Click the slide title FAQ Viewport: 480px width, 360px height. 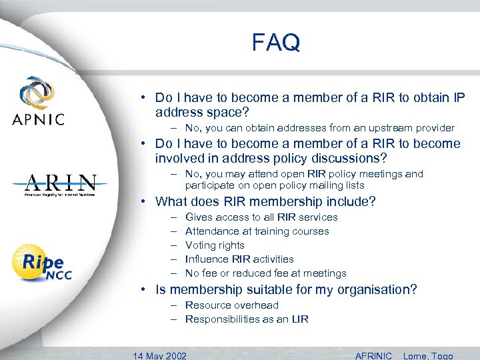(276, 43)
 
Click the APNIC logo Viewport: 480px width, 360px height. (39, 101)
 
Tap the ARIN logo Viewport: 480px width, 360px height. (61, 184)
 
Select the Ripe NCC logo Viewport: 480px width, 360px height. (42, 263)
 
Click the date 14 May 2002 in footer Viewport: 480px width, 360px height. (160, 355)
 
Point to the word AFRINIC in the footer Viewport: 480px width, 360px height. (373, 355)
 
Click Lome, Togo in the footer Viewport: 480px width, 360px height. (429, 355)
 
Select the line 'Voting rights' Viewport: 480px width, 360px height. (215, 245)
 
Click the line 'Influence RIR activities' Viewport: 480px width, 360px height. (239, 259)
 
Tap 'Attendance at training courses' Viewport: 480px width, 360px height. (257, 231)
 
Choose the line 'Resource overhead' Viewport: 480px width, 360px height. (231, 305)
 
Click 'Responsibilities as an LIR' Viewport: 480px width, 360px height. (247, 319)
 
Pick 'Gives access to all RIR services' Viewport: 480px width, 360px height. (261, 217)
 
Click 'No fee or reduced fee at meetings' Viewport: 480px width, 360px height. (265, 273)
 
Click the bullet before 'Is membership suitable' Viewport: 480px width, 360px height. (143, 289)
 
